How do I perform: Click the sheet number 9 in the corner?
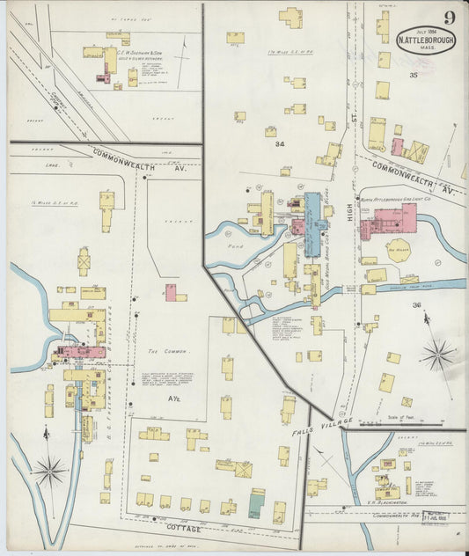pos(449,18)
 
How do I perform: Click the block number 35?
pos(414,76)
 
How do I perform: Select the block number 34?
pos(280,143)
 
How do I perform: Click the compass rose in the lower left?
pos(50,472)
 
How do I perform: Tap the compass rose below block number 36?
pos(436,355)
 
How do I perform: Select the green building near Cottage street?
pos(256,506)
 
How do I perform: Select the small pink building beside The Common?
pos(171,291)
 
